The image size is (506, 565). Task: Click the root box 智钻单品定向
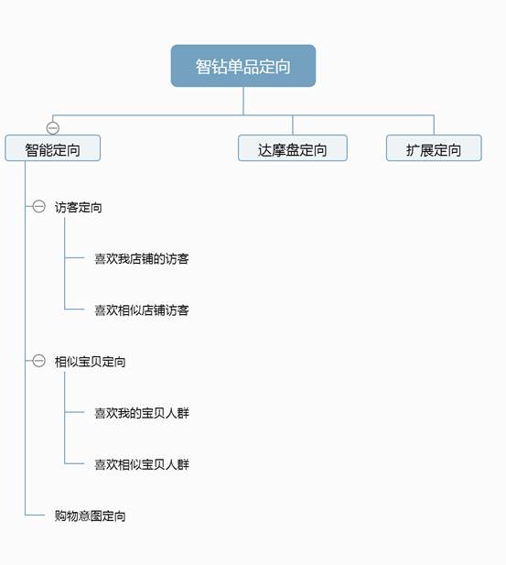[x=243, y=66]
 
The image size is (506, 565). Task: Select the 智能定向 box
[x=52, y=148]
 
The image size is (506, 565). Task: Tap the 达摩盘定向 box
[x=293, y=148]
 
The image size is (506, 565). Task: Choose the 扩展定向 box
[x=434, y=148]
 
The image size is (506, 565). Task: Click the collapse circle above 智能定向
[x=53, y=128]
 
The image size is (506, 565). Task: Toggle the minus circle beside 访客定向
[x=39, y=206]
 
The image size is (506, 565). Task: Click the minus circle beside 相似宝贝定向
[x=39, y=360]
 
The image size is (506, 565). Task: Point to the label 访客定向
[x=78, y=207]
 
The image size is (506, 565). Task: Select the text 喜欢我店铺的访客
[x=142, y=259]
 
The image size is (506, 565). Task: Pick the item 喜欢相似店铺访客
[x=142, y=310]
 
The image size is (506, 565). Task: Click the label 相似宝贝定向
[x=90, y=362]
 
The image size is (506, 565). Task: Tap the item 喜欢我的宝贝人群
[x=142, y=413]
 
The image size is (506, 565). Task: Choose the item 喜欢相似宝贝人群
[x=142, y=464]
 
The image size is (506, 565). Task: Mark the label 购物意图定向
[x=90, y=516]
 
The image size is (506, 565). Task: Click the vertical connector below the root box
[x=243, y=102]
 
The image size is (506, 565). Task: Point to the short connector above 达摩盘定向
[x=293, y=125]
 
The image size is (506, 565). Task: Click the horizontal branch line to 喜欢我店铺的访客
[x=74, y=257]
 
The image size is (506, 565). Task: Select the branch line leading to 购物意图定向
[x=35, y=515]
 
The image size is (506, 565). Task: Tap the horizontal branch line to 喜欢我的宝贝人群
[x=74, y=412]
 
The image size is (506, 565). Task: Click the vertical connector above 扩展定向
[x=434, y=125]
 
